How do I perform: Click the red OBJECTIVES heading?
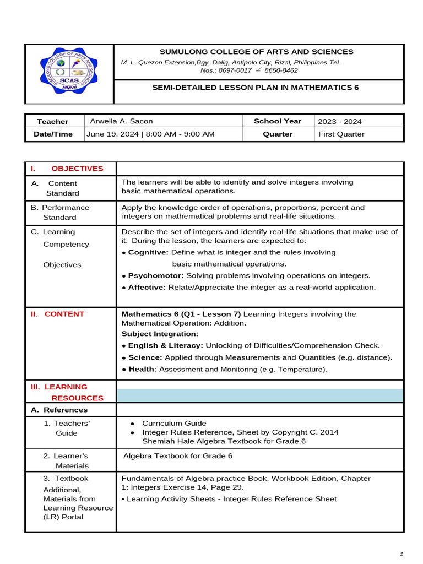pos(77,169)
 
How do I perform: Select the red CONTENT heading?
pos(64,314)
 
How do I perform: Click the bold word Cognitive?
pos(148,252)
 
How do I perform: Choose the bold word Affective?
pos(147,287)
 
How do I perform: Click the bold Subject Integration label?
pos(160,334)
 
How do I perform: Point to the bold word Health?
pos(142,369)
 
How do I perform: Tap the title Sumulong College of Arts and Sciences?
pos(257,52)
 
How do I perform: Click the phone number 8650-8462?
pos(281,70)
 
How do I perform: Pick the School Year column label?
pos(278,121)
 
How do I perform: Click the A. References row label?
pos(59,410)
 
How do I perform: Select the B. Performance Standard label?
pos(60,213)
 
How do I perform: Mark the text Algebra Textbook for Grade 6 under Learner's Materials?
pos(177,456)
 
